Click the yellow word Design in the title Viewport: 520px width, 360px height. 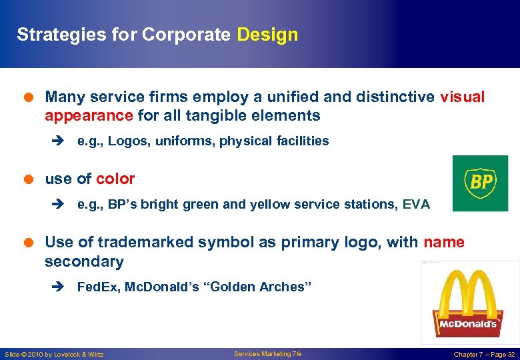[267, 35]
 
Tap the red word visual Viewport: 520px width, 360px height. [462, 97]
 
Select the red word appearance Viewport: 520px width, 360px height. [89, 116]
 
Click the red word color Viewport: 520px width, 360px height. [115, 179]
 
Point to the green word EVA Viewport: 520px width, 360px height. [416, 205]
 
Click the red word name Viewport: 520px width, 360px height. [443, 242]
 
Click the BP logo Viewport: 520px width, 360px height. [480, 183]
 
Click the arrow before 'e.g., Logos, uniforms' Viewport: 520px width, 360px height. [57, 141]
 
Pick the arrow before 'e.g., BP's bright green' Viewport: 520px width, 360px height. [57, 205]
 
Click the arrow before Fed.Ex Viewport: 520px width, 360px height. [57, 287]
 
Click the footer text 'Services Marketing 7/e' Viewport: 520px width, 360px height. [267, 354]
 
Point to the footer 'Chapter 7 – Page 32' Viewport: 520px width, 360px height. [484, 355]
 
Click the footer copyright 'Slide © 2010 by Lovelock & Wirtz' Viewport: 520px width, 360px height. [54, 355]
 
